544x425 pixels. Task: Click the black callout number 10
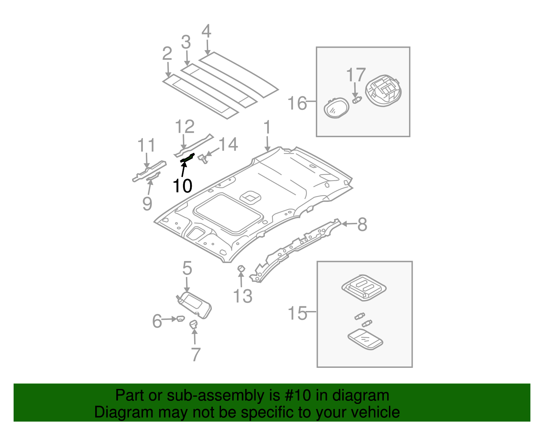coord(182,186)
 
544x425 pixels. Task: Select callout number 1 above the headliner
coord(267,128)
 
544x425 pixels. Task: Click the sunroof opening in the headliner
coord(228,213)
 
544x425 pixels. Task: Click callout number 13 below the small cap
coord(243,296)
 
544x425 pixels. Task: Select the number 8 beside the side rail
coord(362,225)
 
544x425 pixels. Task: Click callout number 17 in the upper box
coord(356,75)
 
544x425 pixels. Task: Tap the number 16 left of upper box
coord(297,103)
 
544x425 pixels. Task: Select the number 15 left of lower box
coord(297,313)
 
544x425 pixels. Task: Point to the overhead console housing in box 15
coord(363,288)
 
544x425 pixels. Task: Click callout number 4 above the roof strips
coord(206,32)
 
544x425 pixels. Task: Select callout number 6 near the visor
coord(157,321)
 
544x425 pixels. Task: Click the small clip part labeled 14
coord(203,158)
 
